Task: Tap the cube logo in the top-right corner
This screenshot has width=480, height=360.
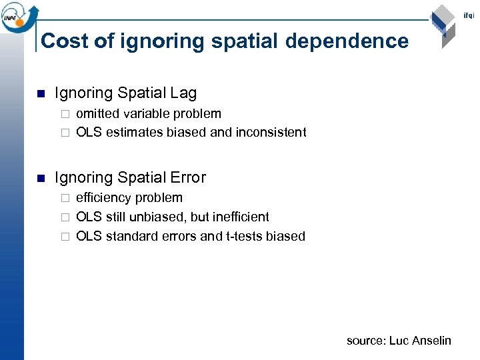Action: click(443, 26)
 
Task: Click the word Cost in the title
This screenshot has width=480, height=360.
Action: click(65, 41)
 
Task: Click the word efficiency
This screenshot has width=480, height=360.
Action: click(104, 197)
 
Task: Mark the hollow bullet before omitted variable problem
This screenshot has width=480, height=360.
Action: click(65, 114)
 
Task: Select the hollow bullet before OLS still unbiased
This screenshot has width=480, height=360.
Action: click(65, 217)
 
